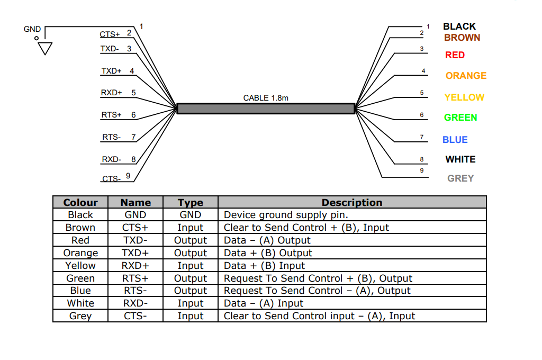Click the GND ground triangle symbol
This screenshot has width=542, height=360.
tap(46, 49)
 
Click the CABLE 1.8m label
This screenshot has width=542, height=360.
tap(266, 98)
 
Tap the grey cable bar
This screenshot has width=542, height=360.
tap(266, 109)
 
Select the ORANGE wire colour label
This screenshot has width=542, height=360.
tap(466, 76)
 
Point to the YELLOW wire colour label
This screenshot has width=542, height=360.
tap(464, 97)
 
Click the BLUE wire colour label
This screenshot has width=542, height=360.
tap(455, 140)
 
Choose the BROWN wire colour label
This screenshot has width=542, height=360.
tap(462, 38)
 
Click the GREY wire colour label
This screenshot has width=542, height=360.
tap(460, 178)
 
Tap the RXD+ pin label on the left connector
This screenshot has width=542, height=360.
tap(111, 93)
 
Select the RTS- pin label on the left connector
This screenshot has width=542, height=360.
tap(111, 137)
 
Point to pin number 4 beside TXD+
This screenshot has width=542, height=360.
tap(132, 70)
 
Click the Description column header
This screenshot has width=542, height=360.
tap(352, 202)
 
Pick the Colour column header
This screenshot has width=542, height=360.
tap(80, 202)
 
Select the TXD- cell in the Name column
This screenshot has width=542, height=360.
tap(135, 240)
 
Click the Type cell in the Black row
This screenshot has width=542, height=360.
tap(191, 215)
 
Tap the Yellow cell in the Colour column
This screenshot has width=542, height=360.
tap(80, 266)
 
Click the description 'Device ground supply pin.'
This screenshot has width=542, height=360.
tap(286, 215)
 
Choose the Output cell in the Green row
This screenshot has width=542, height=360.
tap(191, 278)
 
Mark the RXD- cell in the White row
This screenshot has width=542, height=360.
tap(135, 303)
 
